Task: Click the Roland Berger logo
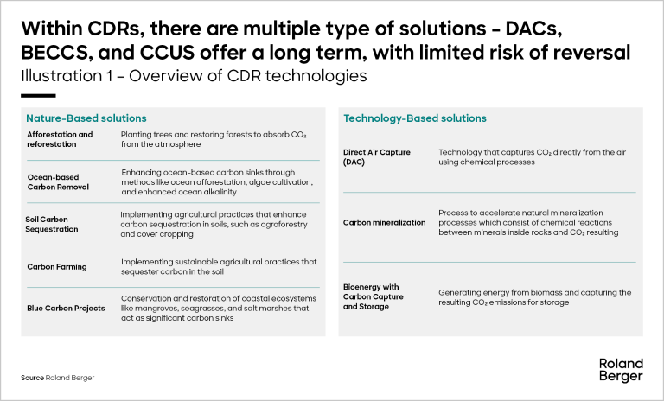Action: (621, 370)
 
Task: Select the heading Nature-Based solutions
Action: (86, 118)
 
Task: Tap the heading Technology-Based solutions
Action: (415, 118)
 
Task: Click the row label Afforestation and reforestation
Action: (60, 139)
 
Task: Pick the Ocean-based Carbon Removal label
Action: (58, 182)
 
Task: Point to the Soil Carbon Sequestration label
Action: (52, 224)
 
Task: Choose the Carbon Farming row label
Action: (57, 267)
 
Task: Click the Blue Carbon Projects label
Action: (66, 309)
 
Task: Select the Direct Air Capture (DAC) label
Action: (377, 157)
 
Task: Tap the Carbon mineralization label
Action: (385, 223)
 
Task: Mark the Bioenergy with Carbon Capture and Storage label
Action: (373, 296)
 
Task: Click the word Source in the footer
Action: (32, 378)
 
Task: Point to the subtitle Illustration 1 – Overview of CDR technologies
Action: (194, 76)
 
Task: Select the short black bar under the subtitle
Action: (38, 96)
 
